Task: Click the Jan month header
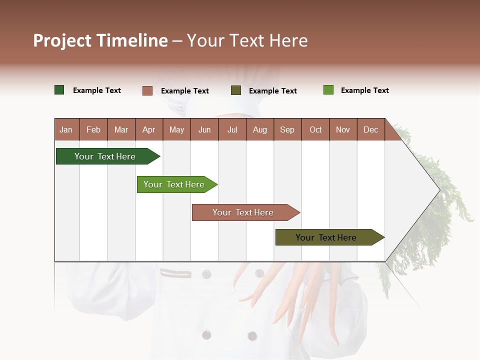66,129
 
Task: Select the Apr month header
149,129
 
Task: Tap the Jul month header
232,129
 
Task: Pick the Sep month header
287,129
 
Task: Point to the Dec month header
370,129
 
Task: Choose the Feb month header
93,129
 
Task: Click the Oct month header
315,129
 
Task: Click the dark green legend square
59,90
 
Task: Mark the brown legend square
147,90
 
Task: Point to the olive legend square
236,90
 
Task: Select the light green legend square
328,90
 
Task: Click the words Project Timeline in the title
100,40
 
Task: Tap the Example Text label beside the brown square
185,91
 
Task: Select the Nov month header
343,129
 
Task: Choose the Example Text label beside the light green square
365,90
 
